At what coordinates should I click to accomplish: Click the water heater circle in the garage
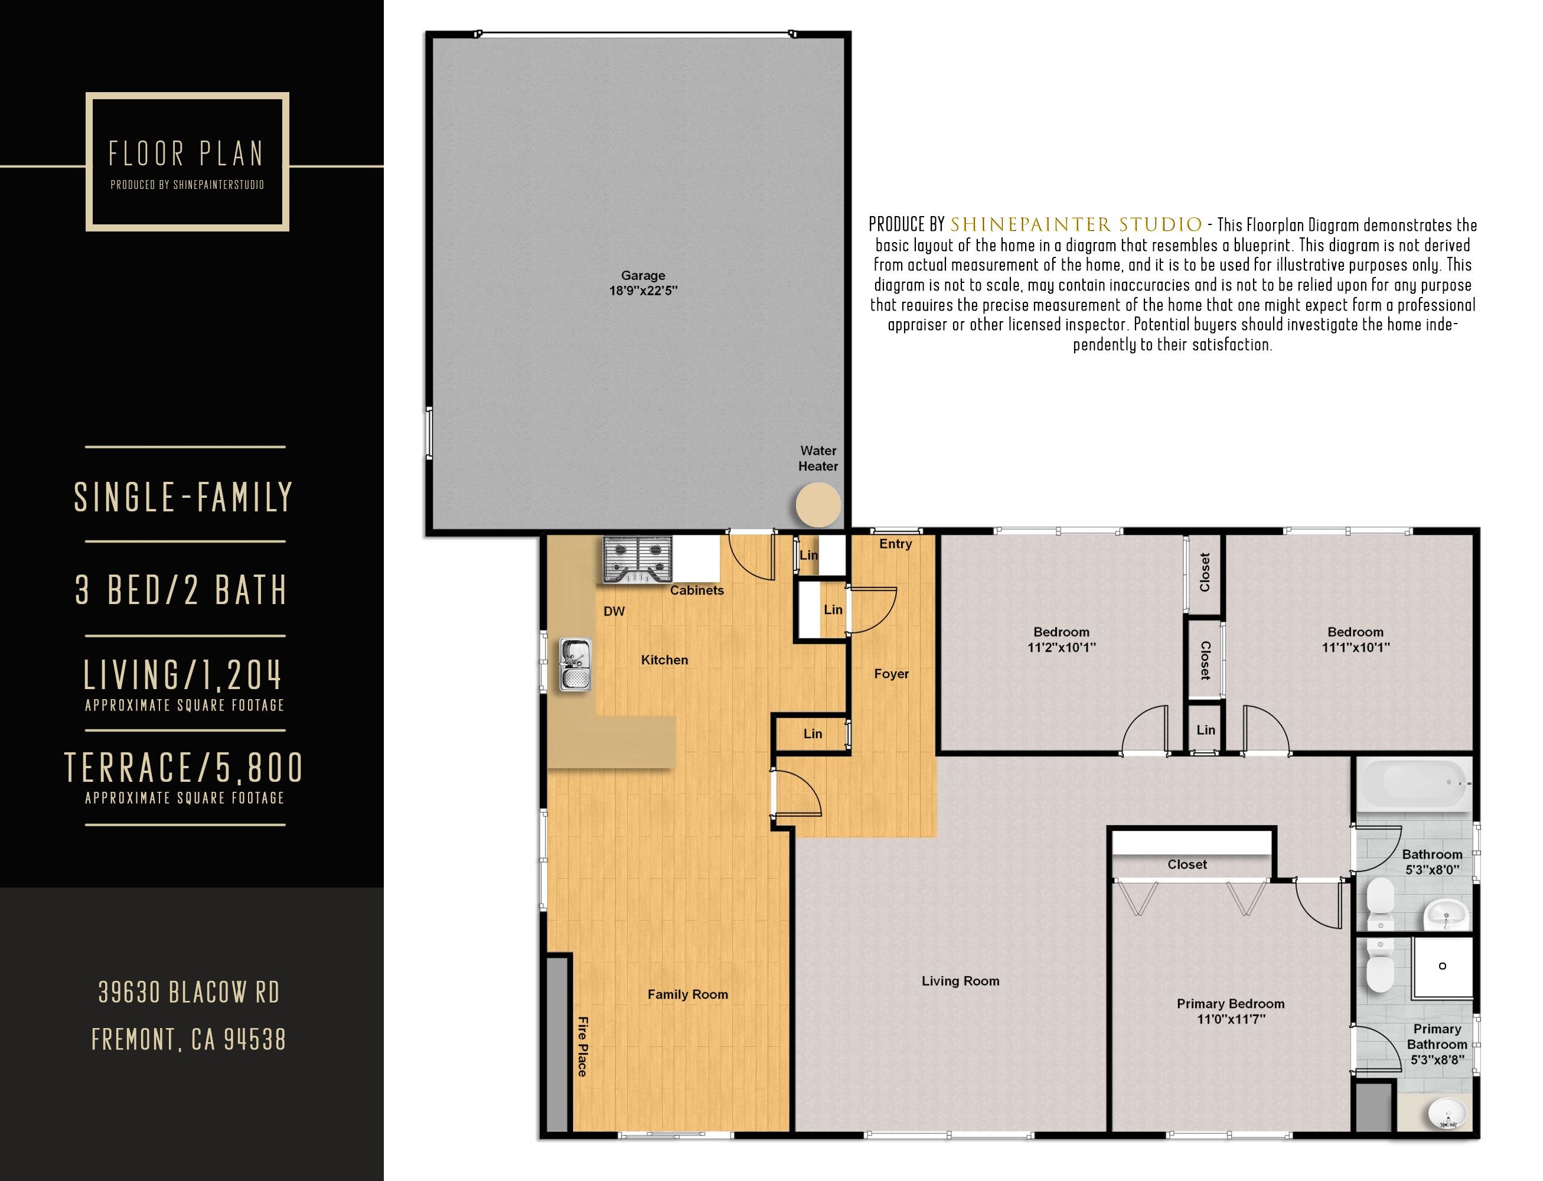[x=817, y=505]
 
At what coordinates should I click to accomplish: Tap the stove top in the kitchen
[x=637, y=560]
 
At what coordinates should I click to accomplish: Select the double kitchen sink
[x=576, y=664]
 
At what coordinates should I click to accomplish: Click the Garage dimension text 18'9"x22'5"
[x=642, y=291]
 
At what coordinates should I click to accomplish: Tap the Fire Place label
[x=582, y=1046]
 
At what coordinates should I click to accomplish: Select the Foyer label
[x=890, y=673]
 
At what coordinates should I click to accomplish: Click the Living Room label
[x=960, y=981]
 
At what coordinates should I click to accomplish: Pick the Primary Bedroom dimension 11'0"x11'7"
[x=1231, y=1019]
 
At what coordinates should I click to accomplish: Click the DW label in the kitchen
[x=614, y=611]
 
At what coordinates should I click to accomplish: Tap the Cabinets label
[x=696, y=590]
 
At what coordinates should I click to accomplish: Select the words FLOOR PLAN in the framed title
[x=186, y=154]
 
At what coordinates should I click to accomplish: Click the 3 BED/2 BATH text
[x=182, y=589]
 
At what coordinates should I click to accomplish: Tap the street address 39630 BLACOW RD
[x=188, y=992]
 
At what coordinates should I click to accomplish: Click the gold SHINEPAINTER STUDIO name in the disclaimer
[x=1075, y=225]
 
